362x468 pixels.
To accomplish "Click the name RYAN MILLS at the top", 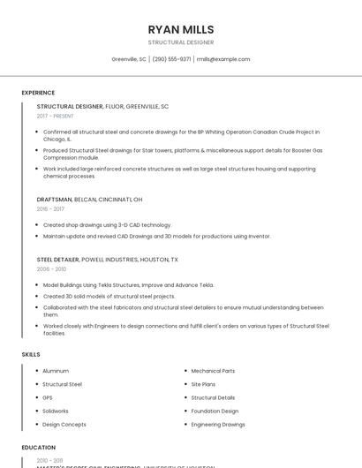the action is [181, 29].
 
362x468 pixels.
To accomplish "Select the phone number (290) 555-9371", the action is [171, 59].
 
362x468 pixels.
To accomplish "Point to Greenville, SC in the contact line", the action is [129, 59].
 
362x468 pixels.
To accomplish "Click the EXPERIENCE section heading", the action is [38, 92].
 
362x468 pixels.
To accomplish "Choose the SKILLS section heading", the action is [31, 354].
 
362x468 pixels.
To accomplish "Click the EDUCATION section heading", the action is [39, 448].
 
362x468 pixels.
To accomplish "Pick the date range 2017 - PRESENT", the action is [55, 116].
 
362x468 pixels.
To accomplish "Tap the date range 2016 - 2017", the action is [50, 209].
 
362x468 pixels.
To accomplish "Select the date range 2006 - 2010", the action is [51, 269].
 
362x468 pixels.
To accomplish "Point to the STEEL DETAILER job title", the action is [57, 260].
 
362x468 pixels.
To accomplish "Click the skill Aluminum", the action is [56, 371].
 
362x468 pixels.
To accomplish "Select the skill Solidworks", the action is [56, 411].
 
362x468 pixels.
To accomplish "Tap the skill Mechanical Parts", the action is [213, 371].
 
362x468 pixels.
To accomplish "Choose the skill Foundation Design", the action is [215, 411].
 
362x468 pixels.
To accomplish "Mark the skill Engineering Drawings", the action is [218, 424].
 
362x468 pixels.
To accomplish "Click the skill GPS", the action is [48, 397].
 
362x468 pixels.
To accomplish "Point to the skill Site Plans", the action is [204, 384].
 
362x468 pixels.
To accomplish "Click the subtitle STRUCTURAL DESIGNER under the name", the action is [181, 42].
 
